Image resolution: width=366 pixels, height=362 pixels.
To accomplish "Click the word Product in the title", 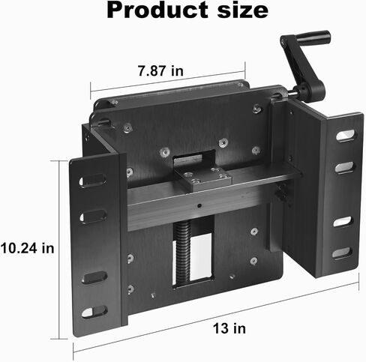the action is click(157, 10).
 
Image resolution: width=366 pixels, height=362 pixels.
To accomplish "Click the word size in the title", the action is click(243, 10).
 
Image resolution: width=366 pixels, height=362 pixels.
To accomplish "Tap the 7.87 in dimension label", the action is click(160, 70).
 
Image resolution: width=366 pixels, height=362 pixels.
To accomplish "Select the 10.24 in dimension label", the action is click(27, 248).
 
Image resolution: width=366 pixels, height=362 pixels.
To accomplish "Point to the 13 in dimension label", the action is click(229, 328).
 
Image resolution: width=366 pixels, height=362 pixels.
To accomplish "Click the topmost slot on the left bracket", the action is click(92, 181).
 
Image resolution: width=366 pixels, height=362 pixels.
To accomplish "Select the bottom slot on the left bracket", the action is click(94, 312).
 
